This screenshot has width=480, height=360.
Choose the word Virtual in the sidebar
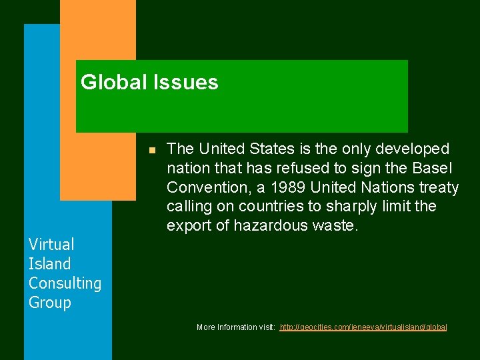coord(51,245)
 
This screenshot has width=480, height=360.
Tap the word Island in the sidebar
coord(49,264)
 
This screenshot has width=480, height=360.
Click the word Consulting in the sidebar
coord(65,283)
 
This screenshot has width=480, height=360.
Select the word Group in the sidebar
coord(49,303)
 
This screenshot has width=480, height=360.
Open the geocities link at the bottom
coord(363,327)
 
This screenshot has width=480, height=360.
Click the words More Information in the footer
coord(227,327)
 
